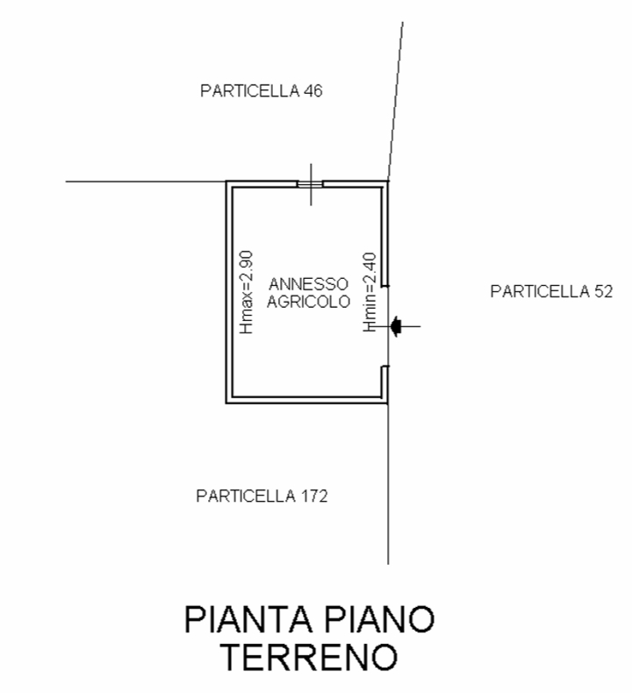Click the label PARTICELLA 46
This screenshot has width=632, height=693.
[262, 91]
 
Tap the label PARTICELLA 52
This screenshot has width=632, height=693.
[551, 292]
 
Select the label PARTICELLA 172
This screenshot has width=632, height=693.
[262, 497]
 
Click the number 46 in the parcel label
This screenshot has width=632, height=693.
[312, 91]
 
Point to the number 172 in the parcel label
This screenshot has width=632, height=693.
[314, 497]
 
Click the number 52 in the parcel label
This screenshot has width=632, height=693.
[603, 292]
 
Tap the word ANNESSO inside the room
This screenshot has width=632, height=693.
[309, 283]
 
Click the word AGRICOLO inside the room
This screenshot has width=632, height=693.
[309, 302]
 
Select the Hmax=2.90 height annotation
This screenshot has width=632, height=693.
[246, 292]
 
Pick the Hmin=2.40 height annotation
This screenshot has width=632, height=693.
[370, 292]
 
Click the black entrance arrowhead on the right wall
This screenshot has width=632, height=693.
[396, 326]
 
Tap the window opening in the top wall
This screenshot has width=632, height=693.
[310, 184]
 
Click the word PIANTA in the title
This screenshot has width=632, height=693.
[248, 619]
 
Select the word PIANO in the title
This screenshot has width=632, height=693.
[380, 619]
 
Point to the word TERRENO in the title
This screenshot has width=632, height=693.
[309, 657]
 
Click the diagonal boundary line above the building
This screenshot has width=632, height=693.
[395, 101]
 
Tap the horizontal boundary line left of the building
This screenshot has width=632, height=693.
[146, 182]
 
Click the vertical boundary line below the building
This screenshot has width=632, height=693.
[388, 484]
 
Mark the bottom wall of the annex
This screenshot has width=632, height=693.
[307, 400]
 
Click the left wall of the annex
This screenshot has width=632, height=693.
[229, 292]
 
